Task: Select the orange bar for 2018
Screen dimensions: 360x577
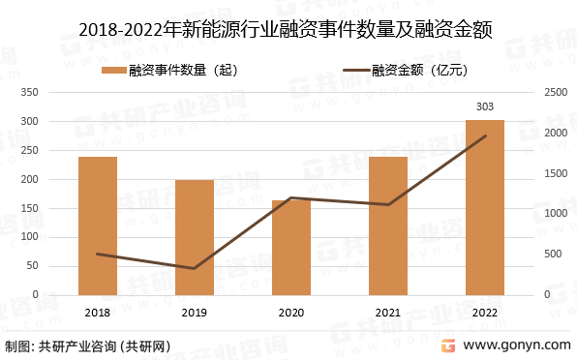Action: [98, 225]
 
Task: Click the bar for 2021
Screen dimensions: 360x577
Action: [388, 225]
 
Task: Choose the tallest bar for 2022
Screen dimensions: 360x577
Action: [485, 207]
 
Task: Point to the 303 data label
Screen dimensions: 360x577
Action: [485, 106]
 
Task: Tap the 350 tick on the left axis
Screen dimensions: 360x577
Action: [56, 93]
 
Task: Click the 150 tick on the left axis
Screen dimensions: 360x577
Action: [56, 208]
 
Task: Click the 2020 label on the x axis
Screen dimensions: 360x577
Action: [290, 312]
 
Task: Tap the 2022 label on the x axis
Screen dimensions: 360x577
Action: [484, 312]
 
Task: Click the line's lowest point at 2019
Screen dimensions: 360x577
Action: [195, 268]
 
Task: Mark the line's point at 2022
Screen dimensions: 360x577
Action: [485, 135]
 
